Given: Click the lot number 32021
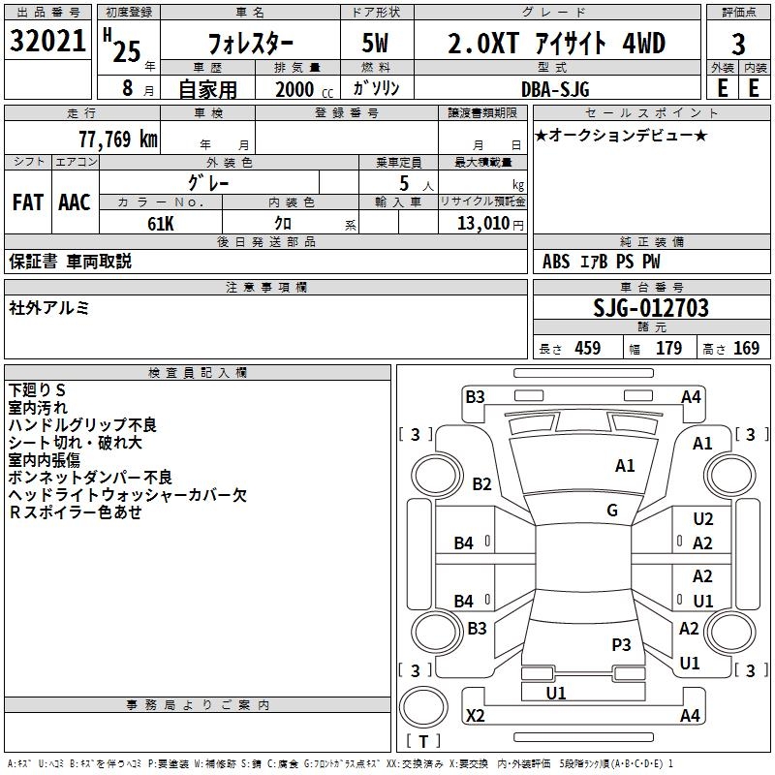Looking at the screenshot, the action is coord(46,43).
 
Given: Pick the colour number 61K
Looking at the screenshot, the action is coord(161,223).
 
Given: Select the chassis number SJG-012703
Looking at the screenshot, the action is coord(651,308).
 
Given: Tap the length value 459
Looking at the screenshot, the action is coord(587,349).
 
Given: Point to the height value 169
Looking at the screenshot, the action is coord(746,349).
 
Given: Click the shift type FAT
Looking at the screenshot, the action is coord(27,202).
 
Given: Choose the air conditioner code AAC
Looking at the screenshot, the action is coord(75,202).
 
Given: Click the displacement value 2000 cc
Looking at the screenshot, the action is coord(300,89).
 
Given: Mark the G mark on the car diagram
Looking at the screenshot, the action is coord(612,511).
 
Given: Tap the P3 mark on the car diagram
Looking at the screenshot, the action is coord(621,644).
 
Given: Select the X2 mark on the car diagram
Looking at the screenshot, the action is coord(476,716).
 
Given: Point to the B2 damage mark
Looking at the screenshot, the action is coord(481,484).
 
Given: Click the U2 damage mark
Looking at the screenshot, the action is coord(703,520).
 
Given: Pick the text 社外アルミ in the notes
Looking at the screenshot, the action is coord(49,307).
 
